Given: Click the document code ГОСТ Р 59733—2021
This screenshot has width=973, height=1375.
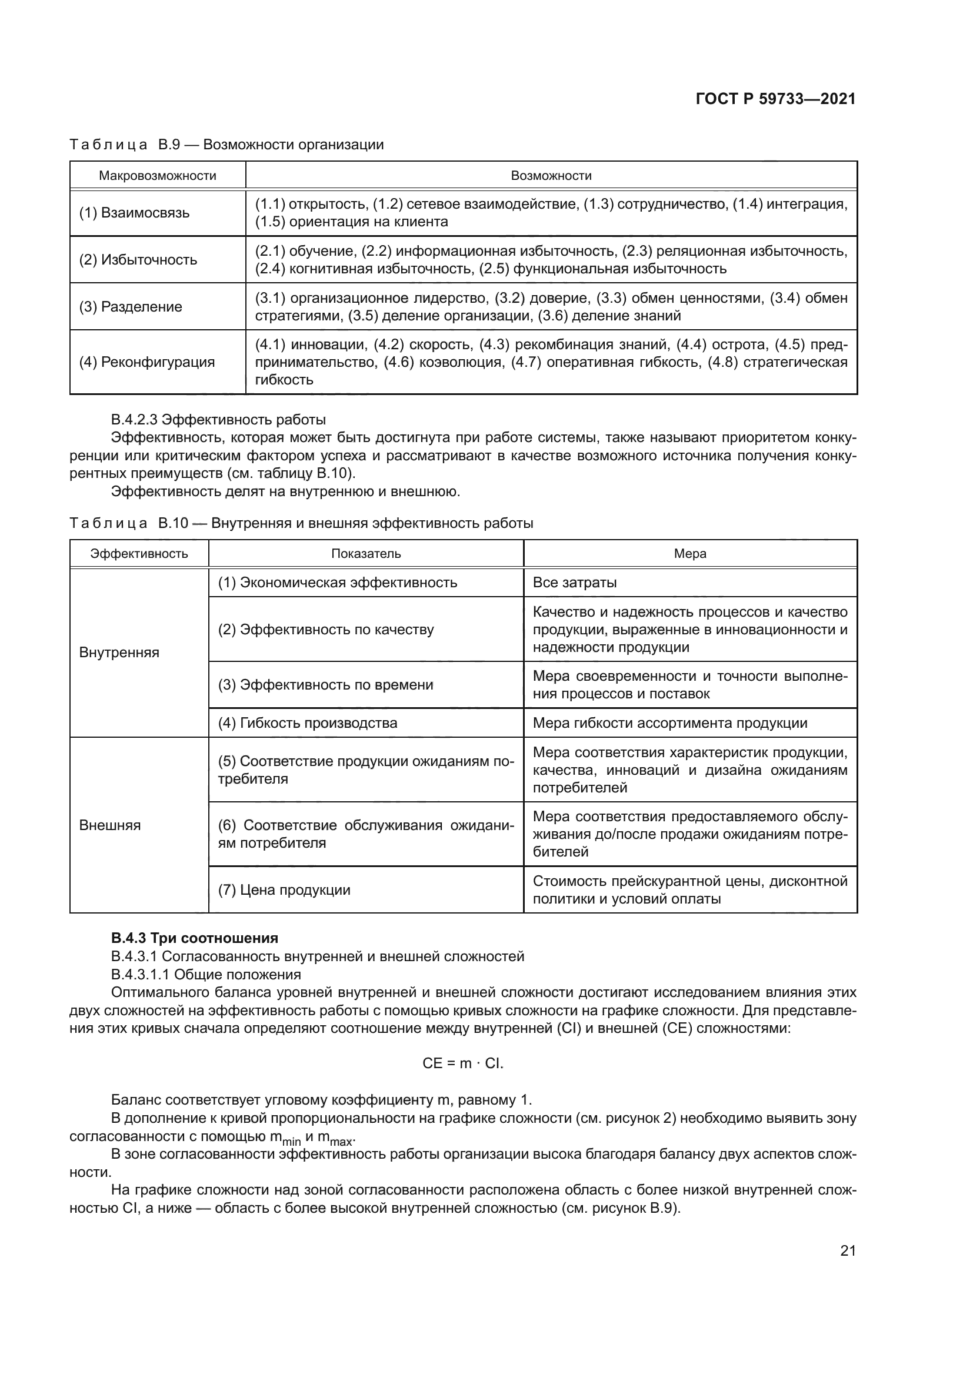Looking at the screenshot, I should (x=775, y=99).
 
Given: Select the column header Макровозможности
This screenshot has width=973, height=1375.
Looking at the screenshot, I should (x=158, y=175).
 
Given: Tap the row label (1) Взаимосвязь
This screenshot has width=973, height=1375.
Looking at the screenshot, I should (x=134, y=213).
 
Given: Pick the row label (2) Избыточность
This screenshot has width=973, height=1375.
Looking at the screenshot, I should (x=138, y=260).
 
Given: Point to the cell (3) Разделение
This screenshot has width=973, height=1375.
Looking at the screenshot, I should (x=131, y=307).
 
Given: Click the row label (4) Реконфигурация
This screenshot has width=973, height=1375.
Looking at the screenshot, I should (x=147, y=362).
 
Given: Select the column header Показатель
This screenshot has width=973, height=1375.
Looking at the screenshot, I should (x=365, y=553).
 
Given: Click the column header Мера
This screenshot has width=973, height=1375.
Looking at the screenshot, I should (x=689, y=553).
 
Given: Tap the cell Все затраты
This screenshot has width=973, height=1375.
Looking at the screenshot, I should (x=575, y=583).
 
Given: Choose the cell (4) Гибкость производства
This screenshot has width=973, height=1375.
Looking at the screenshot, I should (x=307, y=723).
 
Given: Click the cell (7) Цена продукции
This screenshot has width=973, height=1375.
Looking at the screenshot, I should (x=284, y=890).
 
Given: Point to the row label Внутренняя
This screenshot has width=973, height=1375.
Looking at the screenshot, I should (x=119, y=652).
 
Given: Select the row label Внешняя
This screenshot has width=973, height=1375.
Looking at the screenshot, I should (x=109, y=825).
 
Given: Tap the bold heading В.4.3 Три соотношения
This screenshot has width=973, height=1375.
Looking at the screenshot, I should (x=195, y=938).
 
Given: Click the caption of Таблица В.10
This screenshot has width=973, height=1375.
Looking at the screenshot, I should (x=301, y=523).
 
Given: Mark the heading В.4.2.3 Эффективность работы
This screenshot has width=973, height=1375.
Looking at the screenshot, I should (x=219, y=419).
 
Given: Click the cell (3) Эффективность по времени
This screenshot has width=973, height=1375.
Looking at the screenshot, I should (x=325, y=684).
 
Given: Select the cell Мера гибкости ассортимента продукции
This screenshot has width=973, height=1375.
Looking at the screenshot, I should (x=670, y=723).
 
